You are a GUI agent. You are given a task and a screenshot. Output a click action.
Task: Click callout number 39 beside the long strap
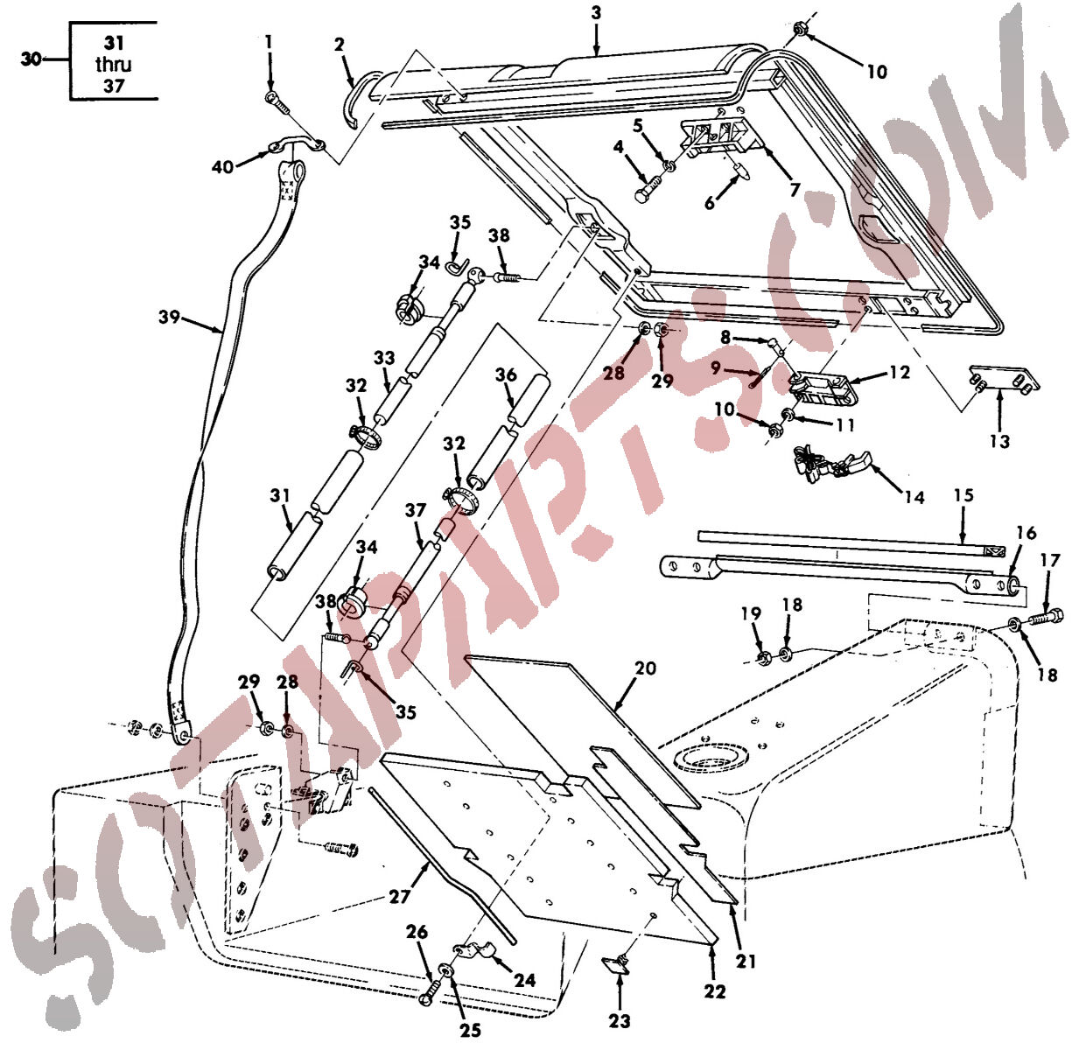169,317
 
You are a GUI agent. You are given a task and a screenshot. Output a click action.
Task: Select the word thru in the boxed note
114,65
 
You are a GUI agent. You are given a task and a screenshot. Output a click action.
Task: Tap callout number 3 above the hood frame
596,13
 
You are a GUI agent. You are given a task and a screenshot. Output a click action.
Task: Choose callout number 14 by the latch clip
914,497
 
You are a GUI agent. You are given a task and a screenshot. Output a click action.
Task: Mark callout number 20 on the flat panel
645,668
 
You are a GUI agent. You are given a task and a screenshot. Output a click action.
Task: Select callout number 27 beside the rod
399,896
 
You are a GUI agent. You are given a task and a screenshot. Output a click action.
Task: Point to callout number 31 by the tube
280,495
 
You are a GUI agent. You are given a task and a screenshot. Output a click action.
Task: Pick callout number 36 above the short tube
506,375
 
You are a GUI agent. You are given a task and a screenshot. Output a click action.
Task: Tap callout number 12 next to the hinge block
899,372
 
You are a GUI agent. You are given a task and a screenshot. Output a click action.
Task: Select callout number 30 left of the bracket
32,59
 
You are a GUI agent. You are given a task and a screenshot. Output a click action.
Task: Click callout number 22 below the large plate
715,991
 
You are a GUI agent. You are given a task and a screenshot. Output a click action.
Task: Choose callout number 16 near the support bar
1026,533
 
